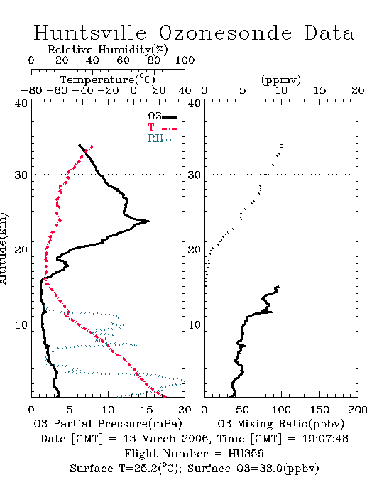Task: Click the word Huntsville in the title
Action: (x=90, y=33)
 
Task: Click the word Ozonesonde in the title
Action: (x=224, y=33)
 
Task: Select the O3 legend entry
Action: (x=162, y=116)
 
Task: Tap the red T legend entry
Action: (x=162, y=127)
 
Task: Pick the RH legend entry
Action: (x=162, y=138)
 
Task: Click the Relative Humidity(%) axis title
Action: (x=108, y=50)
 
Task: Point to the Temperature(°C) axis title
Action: (x=108, y=80)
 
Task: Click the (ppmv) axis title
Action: (x=281, y=80)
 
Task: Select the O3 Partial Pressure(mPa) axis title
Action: (x=108, y=424)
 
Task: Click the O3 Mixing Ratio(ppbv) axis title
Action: (x=280, y=424)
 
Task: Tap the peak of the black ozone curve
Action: (x=148, y=221)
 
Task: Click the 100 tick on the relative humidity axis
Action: (x=185, y=60)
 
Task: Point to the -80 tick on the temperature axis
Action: (x=31, y=91)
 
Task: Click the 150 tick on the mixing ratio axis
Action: (x=319, y=410)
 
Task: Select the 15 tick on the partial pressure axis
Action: (x=146, y=410)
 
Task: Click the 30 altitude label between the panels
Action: (x=194, y=175)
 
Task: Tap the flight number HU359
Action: (x=246, y=454)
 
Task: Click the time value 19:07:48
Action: (x=325, y=439)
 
